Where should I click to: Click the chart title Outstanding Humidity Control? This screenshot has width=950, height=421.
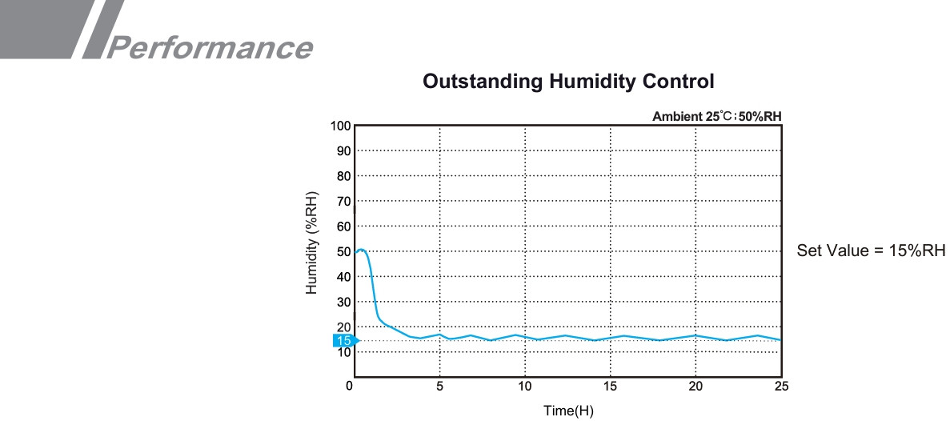pyautogui.click(x=567, y=82)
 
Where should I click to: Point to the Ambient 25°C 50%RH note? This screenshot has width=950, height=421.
pyautogui.click(x=716, y=116)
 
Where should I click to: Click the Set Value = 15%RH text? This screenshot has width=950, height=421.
pyautogui.click(x=871, y=251)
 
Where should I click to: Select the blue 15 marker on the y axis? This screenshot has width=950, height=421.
pyautogui.click(x=344, y=341)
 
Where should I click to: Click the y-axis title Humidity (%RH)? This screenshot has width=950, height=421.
pyautogui.click(x=312, y=243)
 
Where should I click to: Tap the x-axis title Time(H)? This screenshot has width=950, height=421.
pyautogui.click(x=568, y=411)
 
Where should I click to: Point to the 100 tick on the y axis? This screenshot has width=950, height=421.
pyautogui.click(x=341, y=126)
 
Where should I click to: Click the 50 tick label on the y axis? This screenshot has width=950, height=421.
pyautogui.click(x=343, y=252)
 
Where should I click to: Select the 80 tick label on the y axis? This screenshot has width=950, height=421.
pyautogui.click(x=343, y=176)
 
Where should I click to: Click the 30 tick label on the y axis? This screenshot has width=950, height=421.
pyautogui.click(x=343, y=303)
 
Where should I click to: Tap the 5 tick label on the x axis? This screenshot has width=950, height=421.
pyautogui.click(x=439, y=387)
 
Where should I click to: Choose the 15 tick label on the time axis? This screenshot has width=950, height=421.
pyautogui.click(x=610, y=387)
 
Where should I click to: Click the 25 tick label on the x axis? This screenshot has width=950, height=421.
pyautogui.click(x=781, y=387)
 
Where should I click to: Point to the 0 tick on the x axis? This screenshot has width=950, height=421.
pyautogui.click(x=349, y=387)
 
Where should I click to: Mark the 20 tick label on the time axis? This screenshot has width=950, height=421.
pyautogui.click(x=695, y=387)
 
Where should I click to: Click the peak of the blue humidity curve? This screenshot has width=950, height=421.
pyautogui.click(x=361, y=250)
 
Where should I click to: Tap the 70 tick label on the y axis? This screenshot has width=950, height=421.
pyautogui.click(x=343, y=202)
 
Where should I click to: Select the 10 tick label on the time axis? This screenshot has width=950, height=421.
pyautogui.click(x=524, y=387)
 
